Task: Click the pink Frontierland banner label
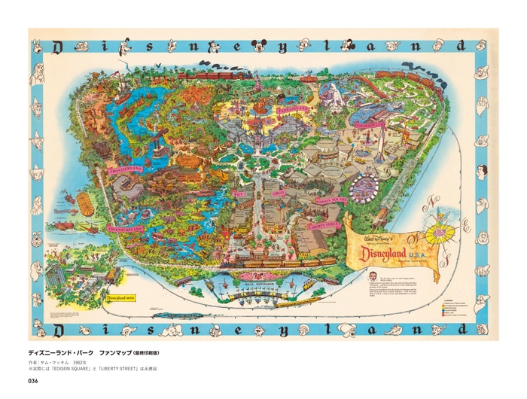[126, 170]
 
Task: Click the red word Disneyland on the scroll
[392, 253]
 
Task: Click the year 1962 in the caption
[80, 362]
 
